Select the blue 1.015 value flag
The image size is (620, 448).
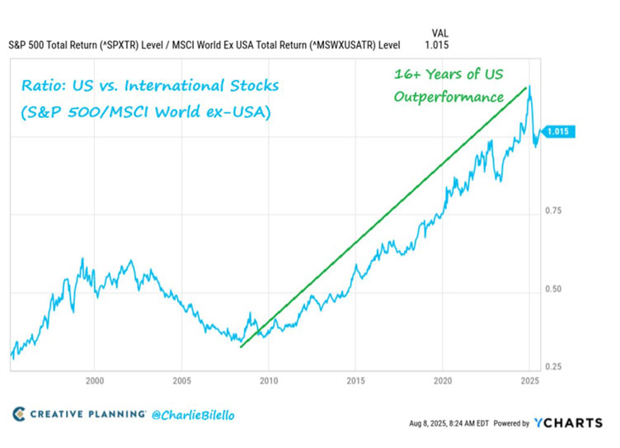point(561,131)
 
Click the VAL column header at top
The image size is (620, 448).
point(439,32)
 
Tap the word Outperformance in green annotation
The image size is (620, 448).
point(448,97)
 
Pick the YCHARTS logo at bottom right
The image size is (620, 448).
point(568,422)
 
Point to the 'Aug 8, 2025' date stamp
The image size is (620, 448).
point(427,423)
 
